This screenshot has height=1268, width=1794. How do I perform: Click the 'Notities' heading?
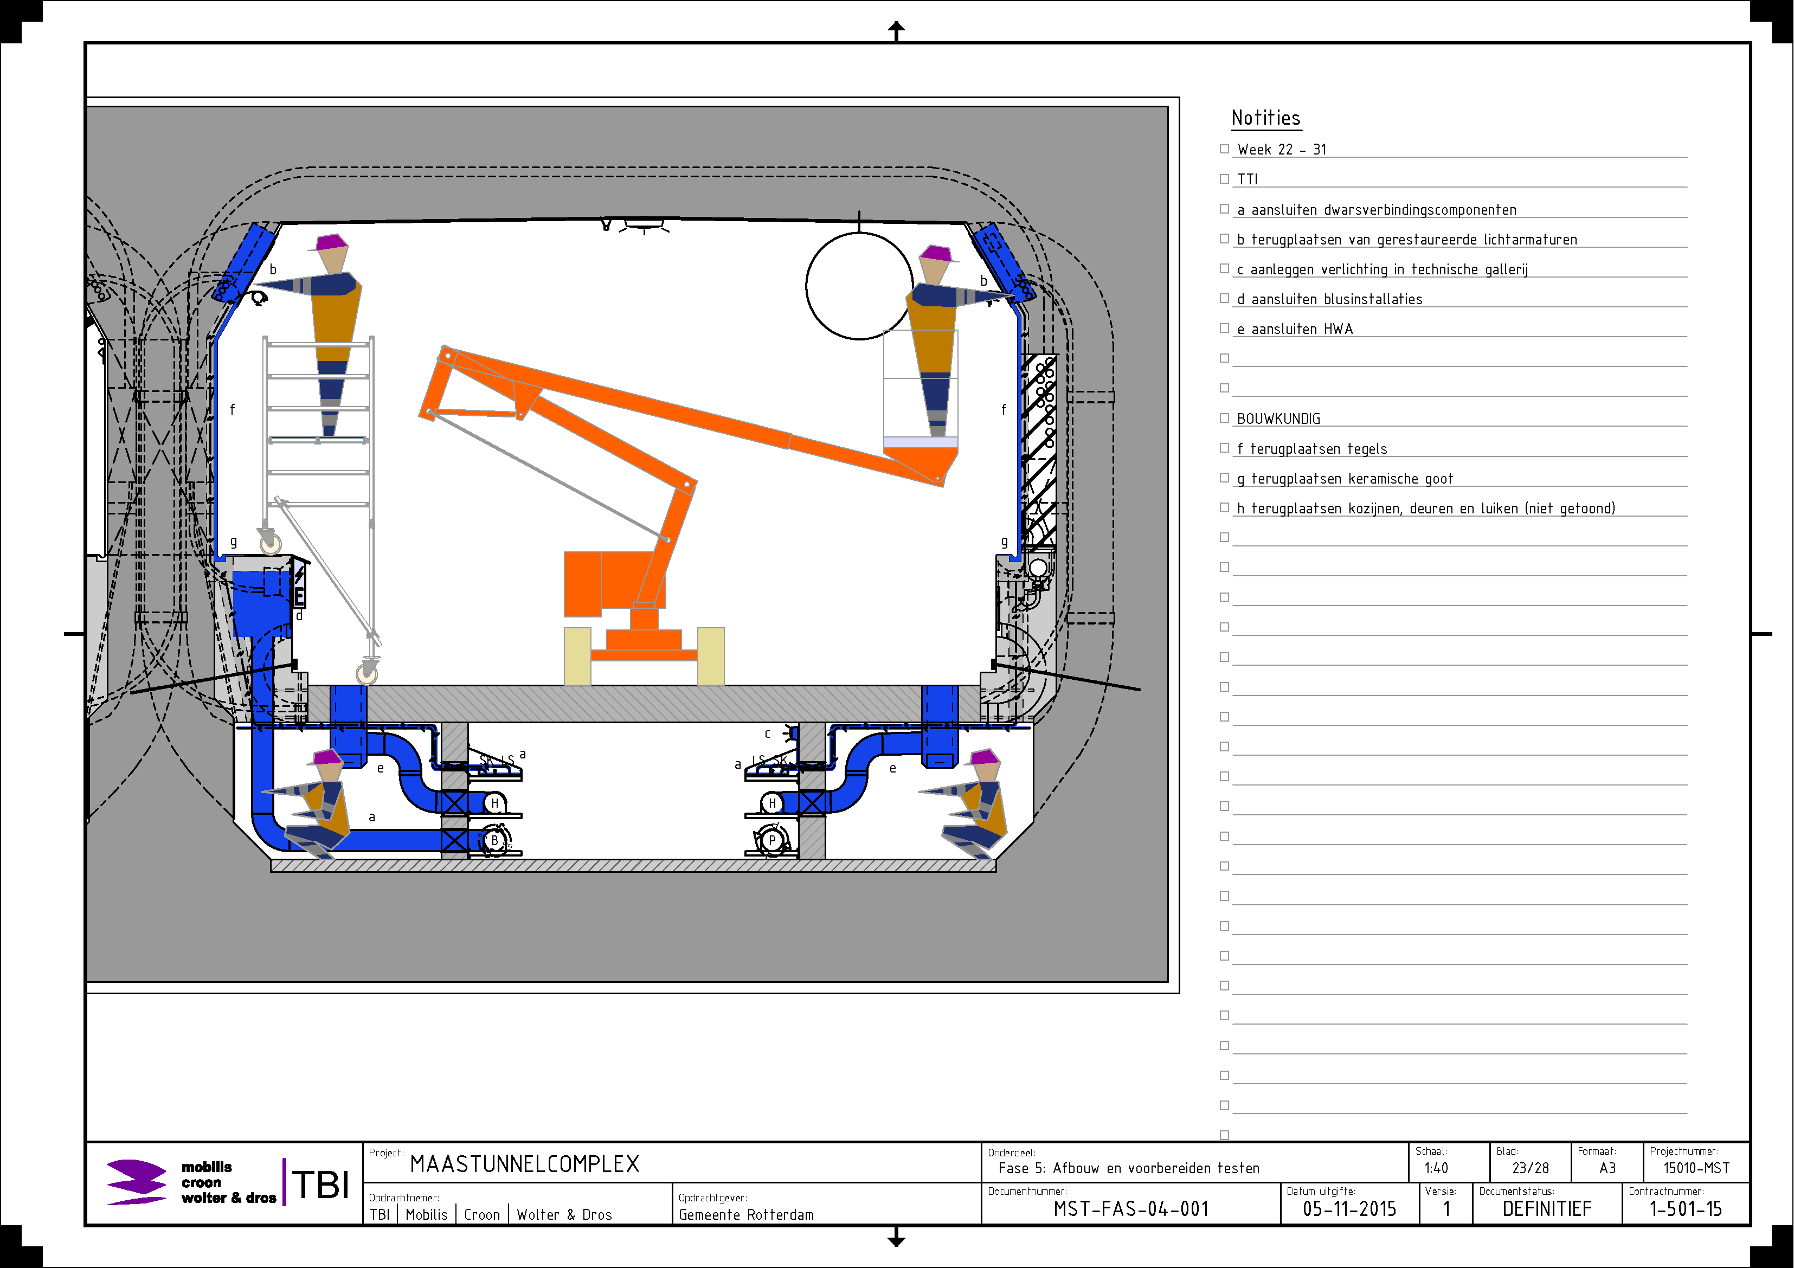coord(1266,118)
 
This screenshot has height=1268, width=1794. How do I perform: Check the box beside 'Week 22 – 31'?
coord(1224,149)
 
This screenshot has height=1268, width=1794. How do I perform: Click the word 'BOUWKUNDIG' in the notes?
coord(1278,419)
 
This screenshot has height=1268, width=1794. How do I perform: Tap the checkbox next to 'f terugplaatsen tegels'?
coord(1224,448)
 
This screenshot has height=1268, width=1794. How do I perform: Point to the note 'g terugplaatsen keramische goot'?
coord(1345,479)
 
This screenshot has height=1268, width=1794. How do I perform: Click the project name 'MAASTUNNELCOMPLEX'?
coord(524,1164)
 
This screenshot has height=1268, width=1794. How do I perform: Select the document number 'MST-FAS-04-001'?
coord(1130,1209)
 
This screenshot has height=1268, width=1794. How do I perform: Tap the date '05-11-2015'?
coord(1349,1209)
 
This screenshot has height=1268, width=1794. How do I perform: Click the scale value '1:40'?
coord(1436,1168)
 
